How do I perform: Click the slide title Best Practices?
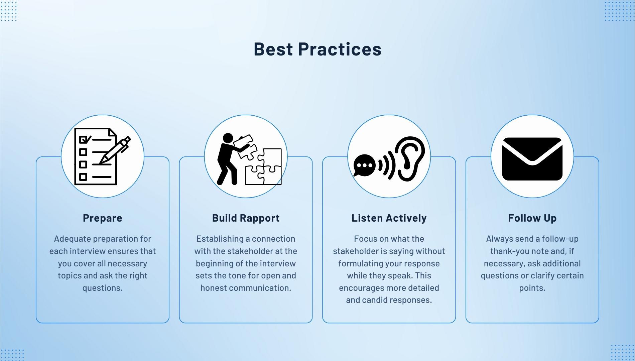tap(317, 49)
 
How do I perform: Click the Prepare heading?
tap(102, 218)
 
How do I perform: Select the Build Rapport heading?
tap(246, 218)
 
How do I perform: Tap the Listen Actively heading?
tap(389, 218)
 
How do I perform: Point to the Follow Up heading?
tap(532, 218)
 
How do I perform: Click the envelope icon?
tap(532, 159)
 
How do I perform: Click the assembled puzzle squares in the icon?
tap(264, 167)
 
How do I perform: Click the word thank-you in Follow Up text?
tap(510, 251)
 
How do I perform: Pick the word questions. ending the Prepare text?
tap(102, 288)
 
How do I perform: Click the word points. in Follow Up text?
tap(532, 288)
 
